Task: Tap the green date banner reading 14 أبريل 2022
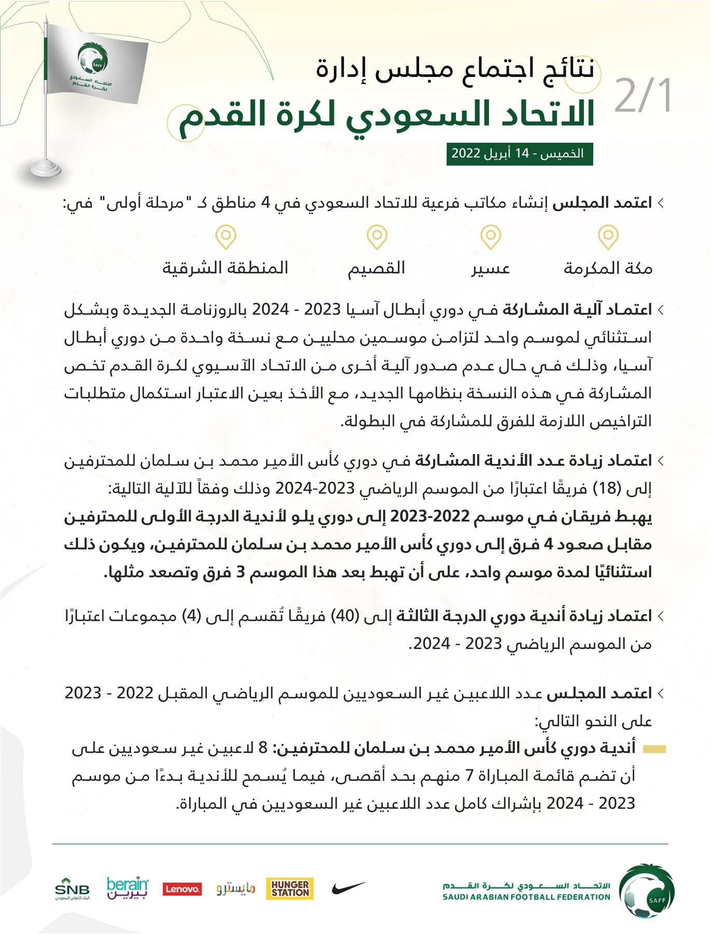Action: tap(519, 154)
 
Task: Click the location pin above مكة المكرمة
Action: tap(608, 237)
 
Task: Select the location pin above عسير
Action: tap(490, 237)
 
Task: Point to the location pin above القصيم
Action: tap(377, 237)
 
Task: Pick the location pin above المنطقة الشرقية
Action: tap(226, 237)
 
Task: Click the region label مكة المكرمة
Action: tap(608, 268)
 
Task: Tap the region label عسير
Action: tap(490, 268)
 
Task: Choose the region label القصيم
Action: tap(376, 268)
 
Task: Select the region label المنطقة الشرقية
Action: tap(226, 268)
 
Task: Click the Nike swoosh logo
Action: tap(348, 888)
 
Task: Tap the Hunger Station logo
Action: tap(290, 888)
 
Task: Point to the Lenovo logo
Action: tap(182, 889)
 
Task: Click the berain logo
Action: tap(127, 887)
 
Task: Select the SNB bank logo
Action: tap(72, 889)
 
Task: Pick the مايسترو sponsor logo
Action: tap(236, 889)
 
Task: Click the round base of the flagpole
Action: tap(46, 169)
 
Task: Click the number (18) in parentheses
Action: tap(606, 488)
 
